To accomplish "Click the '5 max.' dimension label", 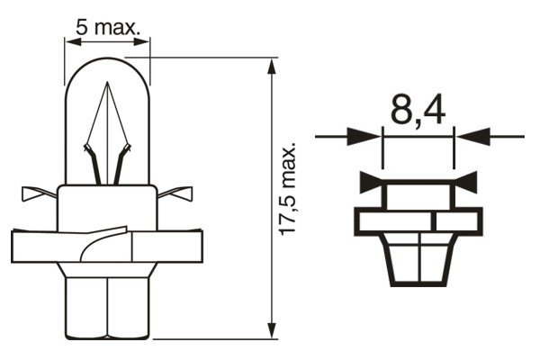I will [108, 28].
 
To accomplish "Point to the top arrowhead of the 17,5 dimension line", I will [272, 66].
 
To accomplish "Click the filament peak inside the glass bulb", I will [107, 85].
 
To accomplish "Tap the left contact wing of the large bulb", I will [36, 193].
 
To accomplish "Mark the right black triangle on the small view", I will [467, 184].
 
